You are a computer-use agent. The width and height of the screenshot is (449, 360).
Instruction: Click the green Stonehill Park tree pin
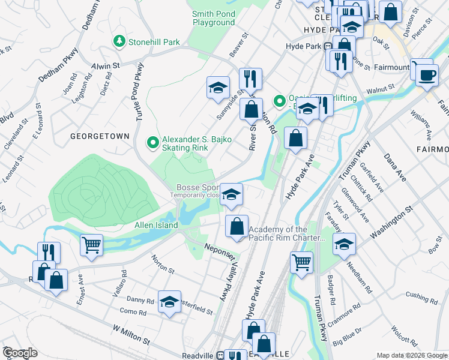119,41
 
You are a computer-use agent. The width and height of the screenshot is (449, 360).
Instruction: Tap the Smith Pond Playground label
214,18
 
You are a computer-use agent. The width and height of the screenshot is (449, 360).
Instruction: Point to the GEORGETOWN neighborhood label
100,136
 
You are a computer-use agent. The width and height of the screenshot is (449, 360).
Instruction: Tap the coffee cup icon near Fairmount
426,75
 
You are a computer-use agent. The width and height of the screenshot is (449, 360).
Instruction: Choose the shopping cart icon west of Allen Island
91,244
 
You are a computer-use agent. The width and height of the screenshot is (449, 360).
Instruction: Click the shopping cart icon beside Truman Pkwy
301,262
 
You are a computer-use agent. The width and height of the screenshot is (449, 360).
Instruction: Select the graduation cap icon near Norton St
170,301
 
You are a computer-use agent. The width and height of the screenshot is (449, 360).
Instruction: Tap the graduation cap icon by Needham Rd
344,244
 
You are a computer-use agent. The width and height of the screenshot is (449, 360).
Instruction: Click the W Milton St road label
130,335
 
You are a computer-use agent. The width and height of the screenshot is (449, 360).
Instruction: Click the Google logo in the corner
20,353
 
